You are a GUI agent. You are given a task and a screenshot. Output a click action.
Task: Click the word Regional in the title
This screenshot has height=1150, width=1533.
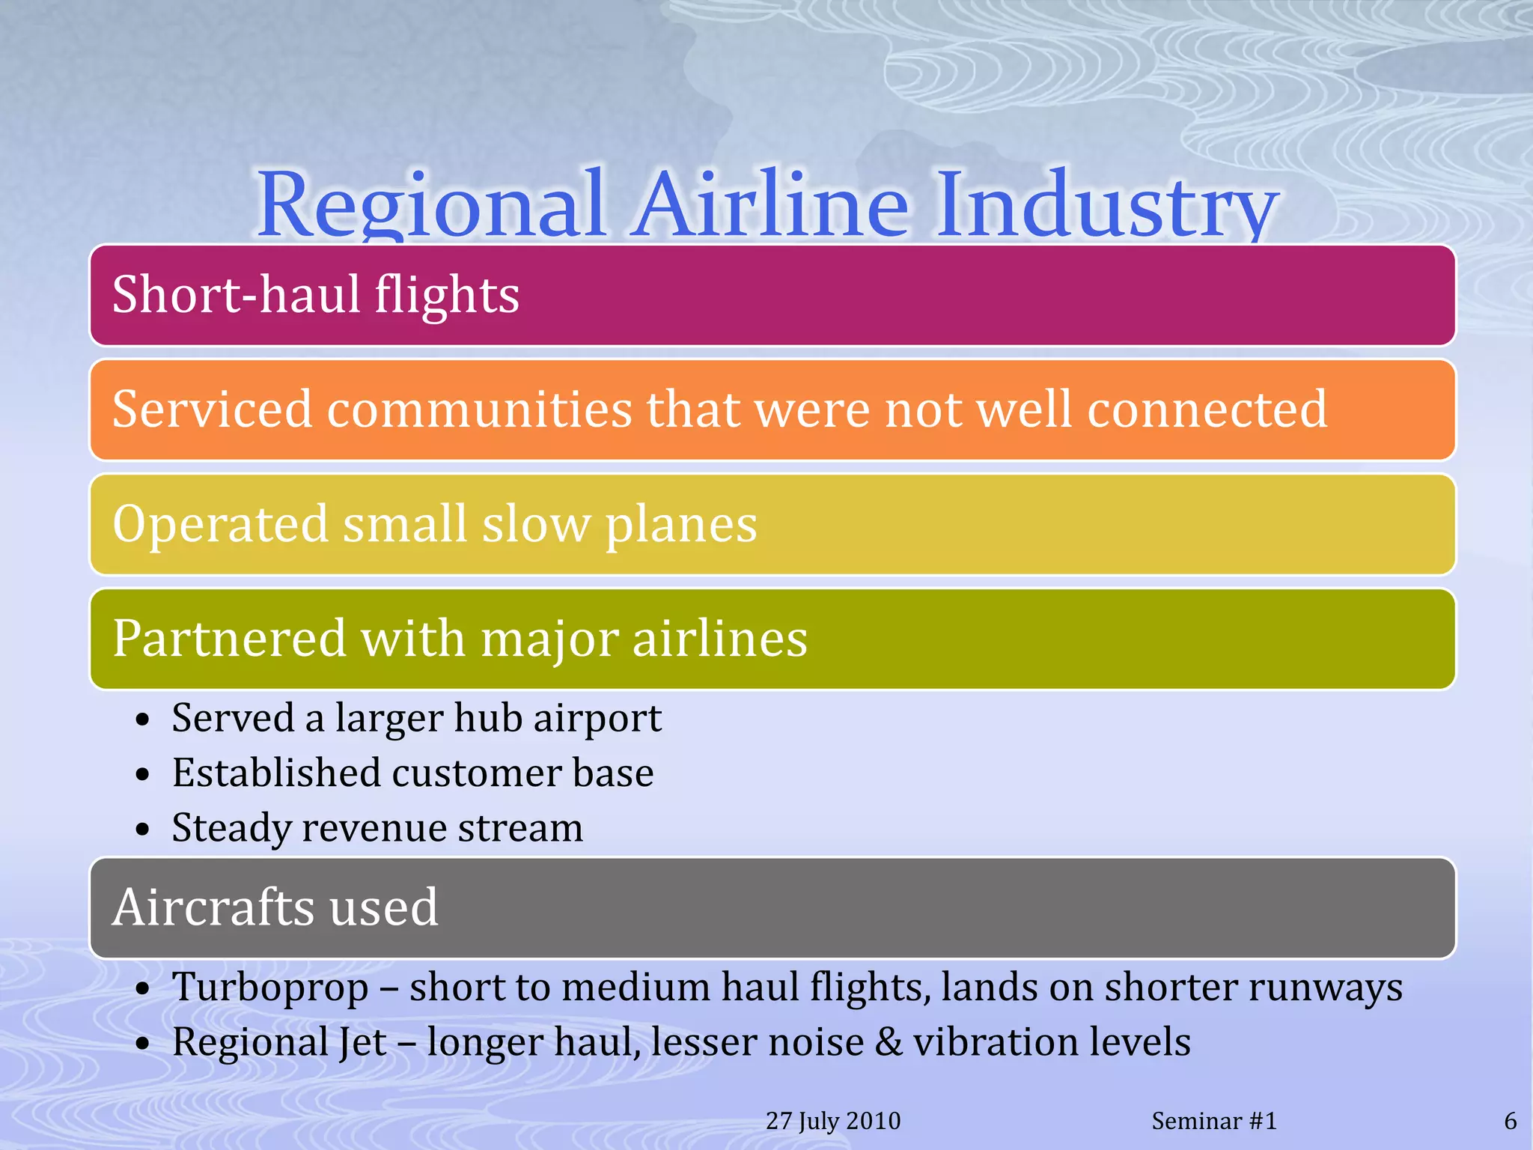click(x=430, y=206)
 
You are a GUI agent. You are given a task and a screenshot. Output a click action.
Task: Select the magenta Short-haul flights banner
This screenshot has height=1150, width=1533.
click(x=771, y=295)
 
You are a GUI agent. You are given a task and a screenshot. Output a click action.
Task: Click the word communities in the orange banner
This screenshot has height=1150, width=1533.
click(x=479, y=410)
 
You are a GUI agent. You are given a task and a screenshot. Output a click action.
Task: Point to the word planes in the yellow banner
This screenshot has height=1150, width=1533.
click(x=681, y=524)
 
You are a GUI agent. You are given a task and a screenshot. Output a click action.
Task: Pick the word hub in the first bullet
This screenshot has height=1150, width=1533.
click(x=487, y=718)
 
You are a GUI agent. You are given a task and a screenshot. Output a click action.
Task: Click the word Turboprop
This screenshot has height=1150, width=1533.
click(x=270, y=988)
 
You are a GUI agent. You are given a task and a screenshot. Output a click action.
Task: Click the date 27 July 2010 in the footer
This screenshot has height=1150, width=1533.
click(x=833, y=1121)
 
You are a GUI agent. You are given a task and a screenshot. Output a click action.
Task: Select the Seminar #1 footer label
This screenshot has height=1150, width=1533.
click(x=1213, y=1121)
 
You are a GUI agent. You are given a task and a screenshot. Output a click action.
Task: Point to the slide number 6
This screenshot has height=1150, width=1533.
click(x=1510, y=1121)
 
